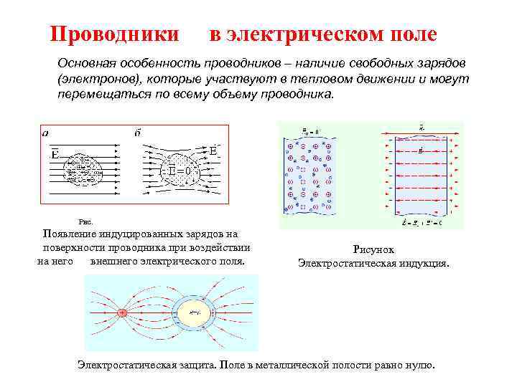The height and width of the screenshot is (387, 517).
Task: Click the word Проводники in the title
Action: coord(114,34)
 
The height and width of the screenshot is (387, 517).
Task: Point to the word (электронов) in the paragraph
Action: coord(93,80)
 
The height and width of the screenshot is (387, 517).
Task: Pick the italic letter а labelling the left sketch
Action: coord(46,133)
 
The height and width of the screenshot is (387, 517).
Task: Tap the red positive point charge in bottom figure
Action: coord(123,313)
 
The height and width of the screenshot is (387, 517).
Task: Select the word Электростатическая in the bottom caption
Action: coord(127,364)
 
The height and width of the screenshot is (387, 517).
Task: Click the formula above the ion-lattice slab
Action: coord(309,131)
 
